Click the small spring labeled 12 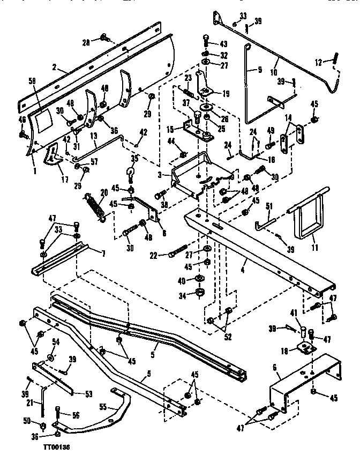[336, 57]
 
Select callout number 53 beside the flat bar [88, 394]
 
